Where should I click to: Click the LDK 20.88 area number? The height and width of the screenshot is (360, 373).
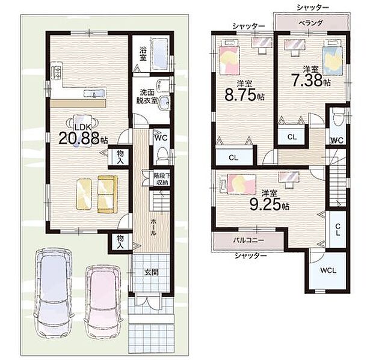[79, 138]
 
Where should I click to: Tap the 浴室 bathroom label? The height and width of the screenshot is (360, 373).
[143, 54]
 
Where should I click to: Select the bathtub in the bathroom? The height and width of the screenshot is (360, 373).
[160, 54]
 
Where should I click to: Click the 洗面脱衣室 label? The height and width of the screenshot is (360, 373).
[147, 96]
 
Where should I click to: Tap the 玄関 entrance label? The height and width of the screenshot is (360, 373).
[151, 272]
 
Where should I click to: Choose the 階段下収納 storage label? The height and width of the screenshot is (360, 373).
[161, 179]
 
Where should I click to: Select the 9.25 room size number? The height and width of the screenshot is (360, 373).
[266, 204]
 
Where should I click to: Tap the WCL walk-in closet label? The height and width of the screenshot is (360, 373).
[328, 270]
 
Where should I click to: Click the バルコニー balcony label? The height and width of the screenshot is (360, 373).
[248, 240]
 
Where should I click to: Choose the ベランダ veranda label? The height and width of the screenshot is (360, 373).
[311, 23]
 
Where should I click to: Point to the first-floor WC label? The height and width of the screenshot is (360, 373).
[161, 138]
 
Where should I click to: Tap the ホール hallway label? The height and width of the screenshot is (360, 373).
[153, 227]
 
